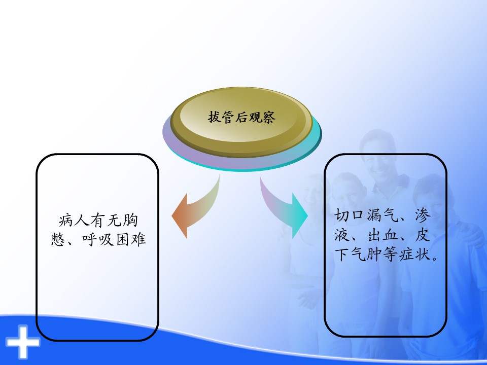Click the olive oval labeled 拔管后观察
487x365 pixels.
click(x=241, y=122)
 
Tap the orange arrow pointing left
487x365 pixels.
click(x=194, y=211)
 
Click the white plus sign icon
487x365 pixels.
click(x=23, y=342)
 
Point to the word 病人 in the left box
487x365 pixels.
click(x=74, y=221)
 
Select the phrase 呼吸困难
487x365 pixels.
click(x=114, y=239)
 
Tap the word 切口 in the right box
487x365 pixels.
click(x=349, y=215)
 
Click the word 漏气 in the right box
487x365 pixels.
click(x=382, y=215)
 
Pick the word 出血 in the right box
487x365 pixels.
click(x=383, y=235)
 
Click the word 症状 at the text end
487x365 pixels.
click(x=415, y=255)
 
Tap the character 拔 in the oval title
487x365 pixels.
click(x=215, y=117)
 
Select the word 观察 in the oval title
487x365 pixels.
click(x=262, y=117)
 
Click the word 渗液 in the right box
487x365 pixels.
click(x=382, y=225)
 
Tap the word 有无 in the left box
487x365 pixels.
click(x=106, y=221)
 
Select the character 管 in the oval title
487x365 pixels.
click(x=228, y=117)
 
